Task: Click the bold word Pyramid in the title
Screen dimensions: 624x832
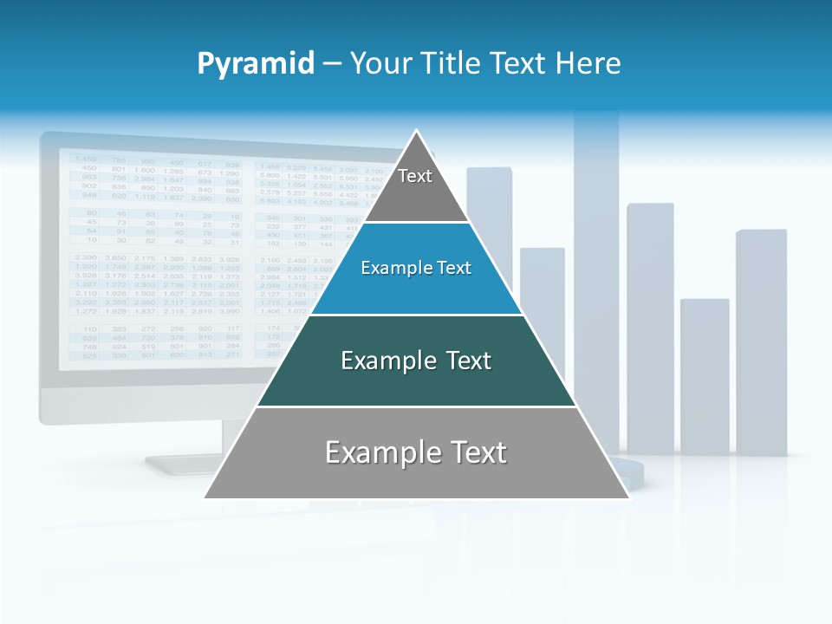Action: pos(256,64)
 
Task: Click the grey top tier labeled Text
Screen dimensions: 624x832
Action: pos(415,186)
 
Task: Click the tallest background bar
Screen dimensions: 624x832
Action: pos(596,286)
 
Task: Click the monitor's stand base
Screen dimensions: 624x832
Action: pos(186,464)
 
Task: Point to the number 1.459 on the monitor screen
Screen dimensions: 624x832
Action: pos(85,159)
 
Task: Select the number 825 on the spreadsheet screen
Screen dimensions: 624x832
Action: pos(89,355)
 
